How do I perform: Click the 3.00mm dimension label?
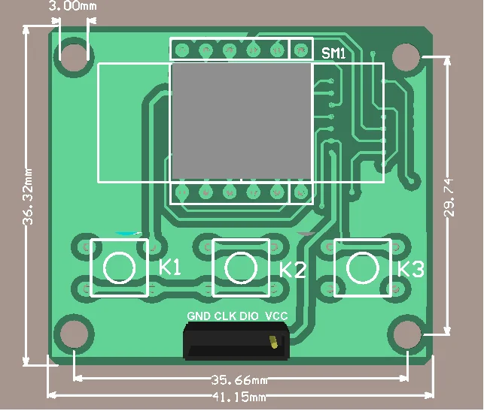72,6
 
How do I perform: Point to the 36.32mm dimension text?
28,197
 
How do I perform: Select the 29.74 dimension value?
449,198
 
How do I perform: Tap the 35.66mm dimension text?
239,380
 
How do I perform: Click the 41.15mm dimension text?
239,397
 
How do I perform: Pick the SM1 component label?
333,53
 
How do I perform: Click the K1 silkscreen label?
170,267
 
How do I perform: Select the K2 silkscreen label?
293,270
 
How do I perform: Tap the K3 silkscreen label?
410,269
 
